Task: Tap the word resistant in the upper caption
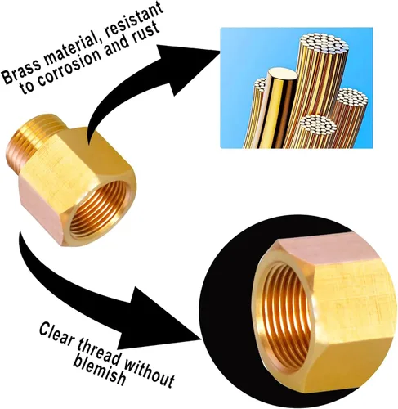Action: (133, 20)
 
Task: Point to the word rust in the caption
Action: (145, 32)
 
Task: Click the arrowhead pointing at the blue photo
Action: (190, 65)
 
